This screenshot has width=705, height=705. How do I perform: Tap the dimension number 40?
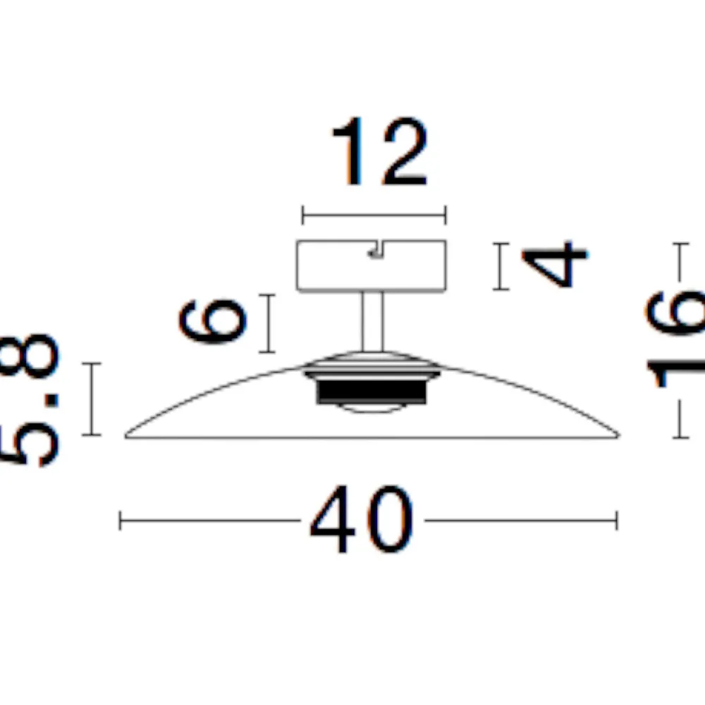362,519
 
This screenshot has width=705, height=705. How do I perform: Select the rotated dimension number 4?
555,264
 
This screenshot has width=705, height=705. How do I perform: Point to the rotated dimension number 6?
212,321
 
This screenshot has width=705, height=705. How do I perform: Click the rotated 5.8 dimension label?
30,400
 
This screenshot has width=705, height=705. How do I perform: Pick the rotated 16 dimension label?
675,339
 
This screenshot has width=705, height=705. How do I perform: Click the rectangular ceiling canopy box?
372,266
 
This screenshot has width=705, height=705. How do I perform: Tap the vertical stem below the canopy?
373,321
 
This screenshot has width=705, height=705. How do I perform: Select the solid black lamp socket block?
372,390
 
